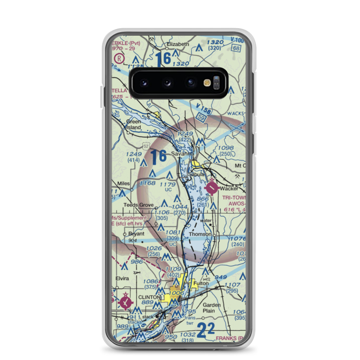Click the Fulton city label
click(201, 283)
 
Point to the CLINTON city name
click(149, 297)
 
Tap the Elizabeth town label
click(177, 44)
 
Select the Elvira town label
click(122, 278)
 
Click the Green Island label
click(133, 124)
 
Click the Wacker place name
click(229, 188)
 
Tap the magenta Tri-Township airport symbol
click(212, 188)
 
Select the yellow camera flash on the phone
click(207, 83)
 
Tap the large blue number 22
click(206, 330)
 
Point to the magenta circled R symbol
click(118, 58)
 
